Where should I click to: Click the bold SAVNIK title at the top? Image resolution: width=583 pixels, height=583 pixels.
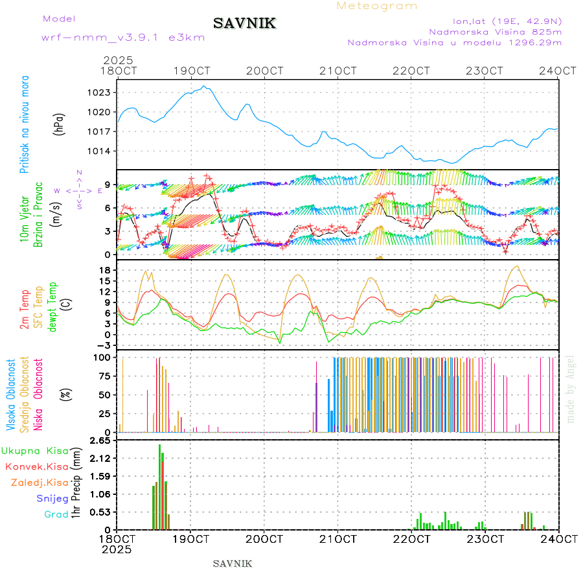click(245, 24)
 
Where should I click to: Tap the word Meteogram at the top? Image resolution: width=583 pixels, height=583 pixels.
click(377, 6)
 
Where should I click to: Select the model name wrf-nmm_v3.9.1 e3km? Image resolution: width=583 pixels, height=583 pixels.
click(122, 38)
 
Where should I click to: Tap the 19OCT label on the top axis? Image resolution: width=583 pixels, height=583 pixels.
click(191, 70)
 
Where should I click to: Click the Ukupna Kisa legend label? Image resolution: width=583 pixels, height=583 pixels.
click(34, 451)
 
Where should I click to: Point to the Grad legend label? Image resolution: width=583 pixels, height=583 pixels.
click(56, 515)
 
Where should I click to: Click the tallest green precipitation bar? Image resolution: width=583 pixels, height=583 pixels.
click(160, 486)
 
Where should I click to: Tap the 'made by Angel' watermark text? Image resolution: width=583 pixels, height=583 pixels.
click(571, 389)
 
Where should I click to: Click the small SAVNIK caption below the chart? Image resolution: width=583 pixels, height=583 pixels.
click(233, 564)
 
